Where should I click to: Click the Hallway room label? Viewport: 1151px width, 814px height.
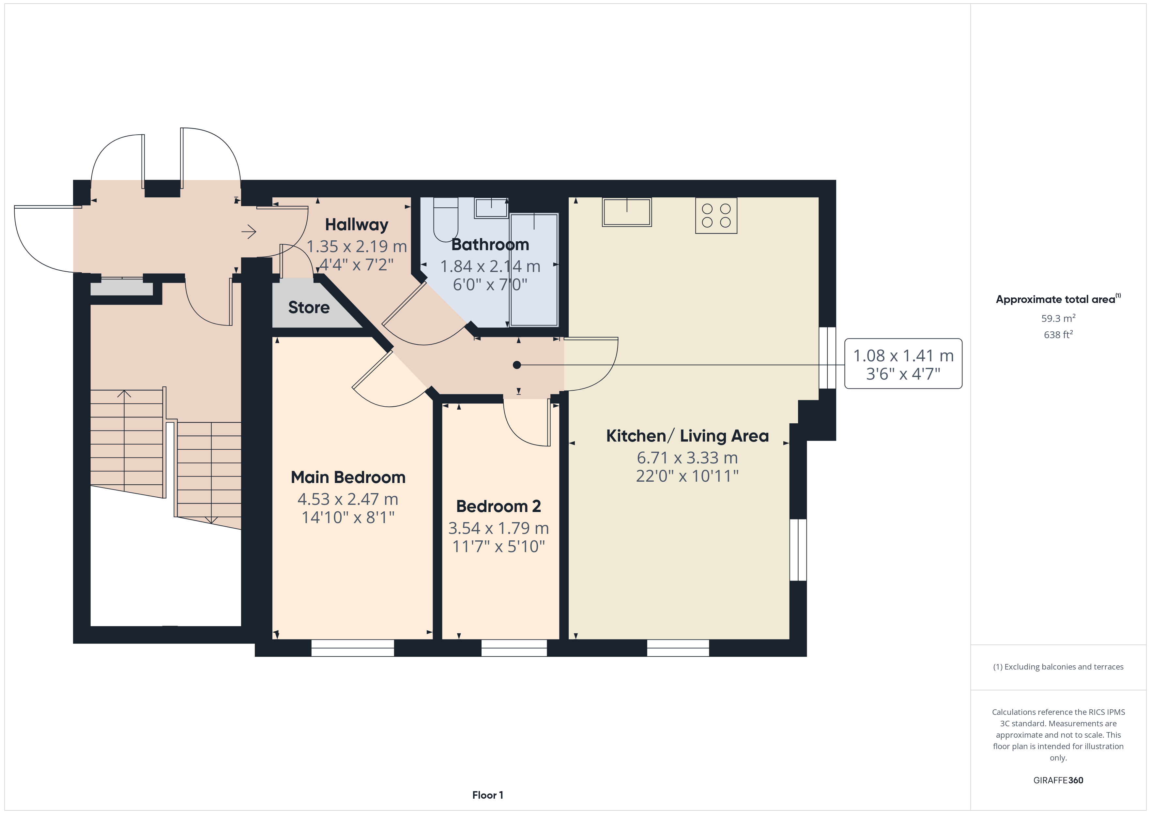(x=357, y=225)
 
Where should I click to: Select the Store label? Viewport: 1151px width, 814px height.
(x=309, y=307)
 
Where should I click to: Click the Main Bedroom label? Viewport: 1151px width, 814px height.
(x=348, y=477)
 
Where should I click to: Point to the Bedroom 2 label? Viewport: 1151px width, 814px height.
(x=498, y=506)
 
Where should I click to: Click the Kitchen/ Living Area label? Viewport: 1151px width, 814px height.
(x=687, y=436)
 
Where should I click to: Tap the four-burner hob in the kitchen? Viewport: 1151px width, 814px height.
(x=716, y=216)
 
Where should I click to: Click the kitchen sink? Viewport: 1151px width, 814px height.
(x=627, y=212)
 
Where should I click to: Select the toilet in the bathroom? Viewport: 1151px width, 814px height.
(x=446, y=219)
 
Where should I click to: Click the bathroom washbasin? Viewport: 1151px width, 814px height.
(x=491, y=207)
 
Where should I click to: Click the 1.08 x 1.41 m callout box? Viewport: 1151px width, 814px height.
(x=903, y=364)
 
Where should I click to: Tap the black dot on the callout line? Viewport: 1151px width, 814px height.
(x=517, y=365)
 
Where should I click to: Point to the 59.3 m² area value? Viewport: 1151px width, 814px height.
(x=1058, y=318)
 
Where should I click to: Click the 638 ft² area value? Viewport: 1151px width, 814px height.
(x=1058, y=334)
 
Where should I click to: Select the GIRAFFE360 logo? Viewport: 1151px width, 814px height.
(x=1058, y=780)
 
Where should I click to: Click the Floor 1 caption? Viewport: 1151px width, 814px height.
(x=487, y=795)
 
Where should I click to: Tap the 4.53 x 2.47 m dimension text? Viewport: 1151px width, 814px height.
(x=348, y=499)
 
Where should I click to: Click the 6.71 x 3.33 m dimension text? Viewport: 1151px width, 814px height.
(x=687, y=458)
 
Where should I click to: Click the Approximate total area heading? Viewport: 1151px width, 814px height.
(x=1058, y=299)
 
